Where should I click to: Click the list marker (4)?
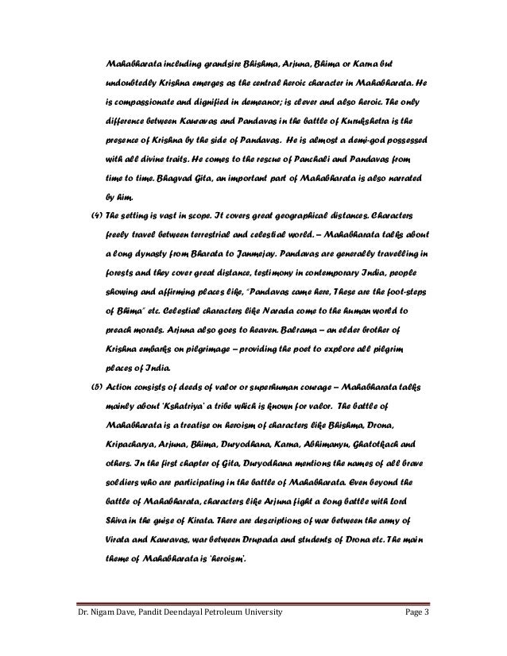(x=92, y=216)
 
